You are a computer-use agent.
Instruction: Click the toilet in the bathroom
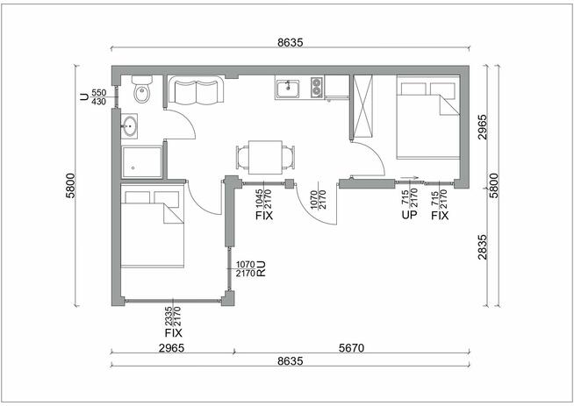(x=141, y=89)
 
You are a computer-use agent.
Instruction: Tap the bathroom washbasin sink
(x=129, y=126)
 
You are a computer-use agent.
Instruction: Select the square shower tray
(x=142, y=162)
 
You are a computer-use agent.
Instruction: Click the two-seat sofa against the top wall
(x=196, y=90)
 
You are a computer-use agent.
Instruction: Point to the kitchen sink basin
(x=288, y=89)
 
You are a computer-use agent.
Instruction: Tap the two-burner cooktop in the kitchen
(x=317, y=88)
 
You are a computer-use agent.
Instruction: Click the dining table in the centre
(x=265, y=157)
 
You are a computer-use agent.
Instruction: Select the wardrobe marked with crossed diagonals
(x=363, y=106)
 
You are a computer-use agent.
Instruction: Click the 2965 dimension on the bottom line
(x=171, y=347)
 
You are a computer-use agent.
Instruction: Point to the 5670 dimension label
(x=351, y=347)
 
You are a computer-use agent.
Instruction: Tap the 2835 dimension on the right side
(x=483, y=247)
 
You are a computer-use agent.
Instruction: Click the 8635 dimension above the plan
(x=291, y=42)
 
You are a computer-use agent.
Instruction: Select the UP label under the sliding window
(x=409, y=215)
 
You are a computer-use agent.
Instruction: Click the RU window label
(x=261, y=269)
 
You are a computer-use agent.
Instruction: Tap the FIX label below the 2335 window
(x=174, y=333)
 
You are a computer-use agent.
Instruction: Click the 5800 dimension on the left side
(x=70, y=185)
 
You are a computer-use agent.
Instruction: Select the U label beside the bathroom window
(x=84, y=97)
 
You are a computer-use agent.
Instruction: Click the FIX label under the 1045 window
(x=264, y=216)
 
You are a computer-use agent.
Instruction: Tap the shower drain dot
(x=133, y=168)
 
